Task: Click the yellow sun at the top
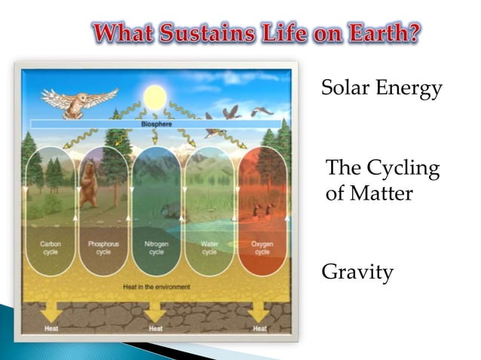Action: click(155, 97)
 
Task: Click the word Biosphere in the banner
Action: click(156, 124)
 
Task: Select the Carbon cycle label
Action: click(51, 248)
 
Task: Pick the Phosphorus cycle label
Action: click(103, 248)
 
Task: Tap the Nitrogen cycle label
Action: click(156, 248)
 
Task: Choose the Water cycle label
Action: click(210, 248)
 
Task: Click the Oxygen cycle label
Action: click(262, 248)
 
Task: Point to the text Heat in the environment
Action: click(157, 286)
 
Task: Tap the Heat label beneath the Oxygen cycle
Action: click(260, 328)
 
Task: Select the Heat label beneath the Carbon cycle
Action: click(51, 328)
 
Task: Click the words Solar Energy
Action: click(381, 89)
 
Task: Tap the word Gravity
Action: click(357, 272)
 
